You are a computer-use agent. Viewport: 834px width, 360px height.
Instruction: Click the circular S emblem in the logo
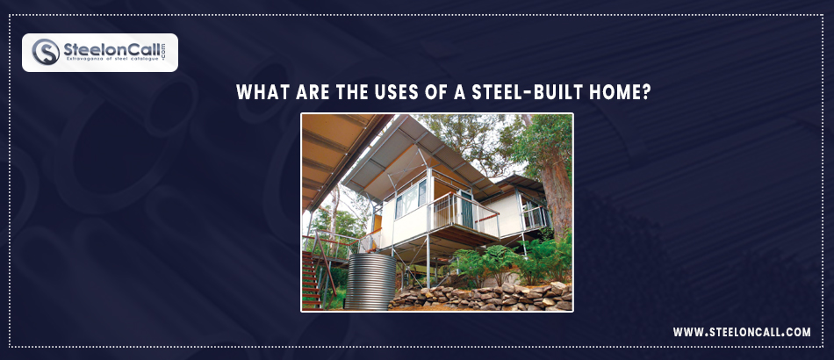(46, 52)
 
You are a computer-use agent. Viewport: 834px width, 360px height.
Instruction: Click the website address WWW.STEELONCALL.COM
(742, 333)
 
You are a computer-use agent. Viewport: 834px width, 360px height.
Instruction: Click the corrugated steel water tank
(370, 281)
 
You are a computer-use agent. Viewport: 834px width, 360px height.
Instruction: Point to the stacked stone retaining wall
(481, 297)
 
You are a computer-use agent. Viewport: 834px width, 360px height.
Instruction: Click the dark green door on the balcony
(466, 211)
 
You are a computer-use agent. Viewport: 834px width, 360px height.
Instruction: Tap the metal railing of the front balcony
(464, 212)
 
